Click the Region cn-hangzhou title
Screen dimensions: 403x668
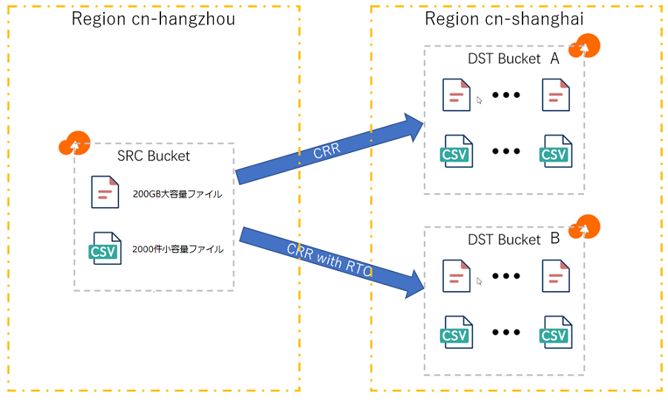pos(153,19)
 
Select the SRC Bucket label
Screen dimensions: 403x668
pos(154,156)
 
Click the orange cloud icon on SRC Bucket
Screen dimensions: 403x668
pos(73,142)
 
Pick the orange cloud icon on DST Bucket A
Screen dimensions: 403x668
pos(584,45)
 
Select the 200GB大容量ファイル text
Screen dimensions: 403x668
pos(177,194)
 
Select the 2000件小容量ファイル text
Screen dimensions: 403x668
pos(177,249)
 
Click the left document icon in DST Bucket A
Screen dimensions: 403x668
pos(456,95)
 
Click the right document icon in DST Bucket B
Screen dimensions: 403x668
pos(555,275)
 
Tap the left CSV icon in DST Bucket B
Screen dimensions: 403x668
pos(456,332)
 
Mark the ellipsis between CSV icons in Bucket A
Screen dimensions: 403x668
pos(505,151)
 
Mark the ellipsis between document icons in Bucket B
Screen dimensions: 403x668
pos(505,276)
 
